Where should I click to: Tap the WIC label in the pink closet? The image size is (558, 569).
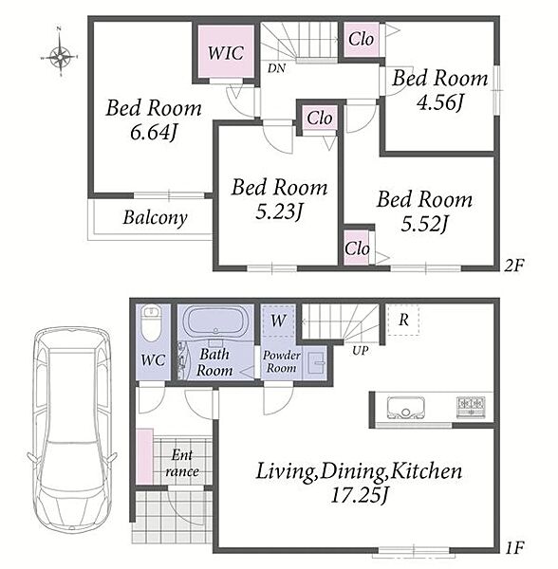click(226, 53)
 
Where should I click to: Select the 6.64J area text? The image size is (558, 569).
click(153, 133)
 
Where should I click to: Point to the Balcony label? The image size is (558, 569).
click(155, 218)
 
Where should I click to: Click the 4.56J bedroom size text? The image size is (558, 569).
click(439, 102)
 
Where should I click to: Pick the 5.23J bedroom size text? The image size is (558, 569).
click(279, 212)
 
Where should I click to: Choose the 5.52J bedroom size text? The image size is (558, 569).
click(424, 224)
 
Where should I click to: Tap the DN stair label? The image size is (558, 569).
click(277, 68)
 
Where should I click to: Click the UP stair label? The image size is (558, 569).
click(360, 351)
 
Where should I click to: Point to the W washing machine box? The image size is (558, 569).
click(278, 321)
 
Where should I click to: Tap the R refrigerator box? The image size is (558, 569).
click(403, 320)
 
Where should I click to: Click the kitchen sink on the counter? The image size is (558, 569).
click(406, 407)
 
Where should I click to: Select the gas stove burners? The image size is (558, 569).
click(471, 407)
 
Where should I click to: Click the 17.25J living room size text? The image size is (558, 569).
click(360, 495)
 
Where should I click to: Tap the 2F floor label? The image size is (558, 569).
click(514, 266)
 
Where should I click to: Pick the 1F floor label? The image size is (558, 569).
click(514, 547)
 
